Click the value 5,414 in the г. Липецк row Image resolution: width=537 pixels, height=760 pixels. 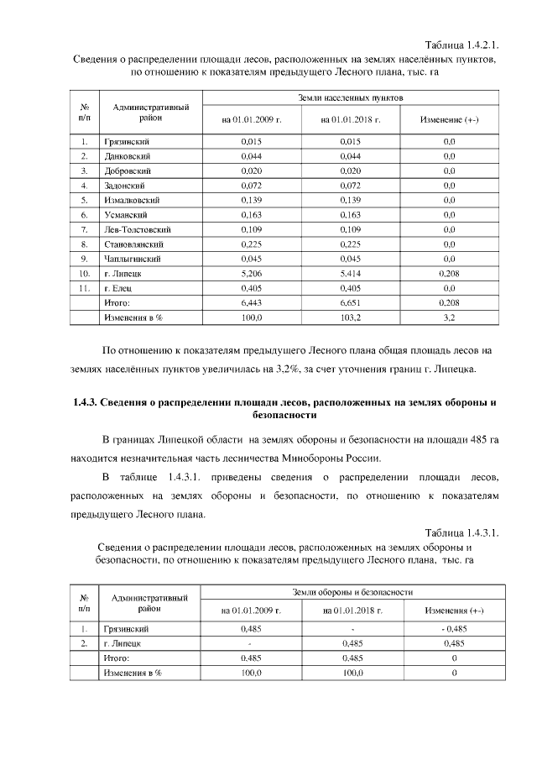click(351, 273)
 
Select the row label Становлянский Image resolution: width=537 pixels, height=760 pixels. click(133, 244)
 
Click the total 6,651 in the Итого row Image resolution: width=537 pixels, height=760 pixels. click(351, 302)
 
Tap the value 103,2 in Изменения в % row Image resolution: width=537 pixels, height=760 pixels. click(351, 317)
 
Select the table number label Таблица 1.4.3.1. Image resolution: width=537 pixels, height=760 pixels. click(461, 532)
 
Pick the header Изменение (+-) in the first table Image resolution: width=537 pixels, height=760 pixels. click(450, 120)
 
